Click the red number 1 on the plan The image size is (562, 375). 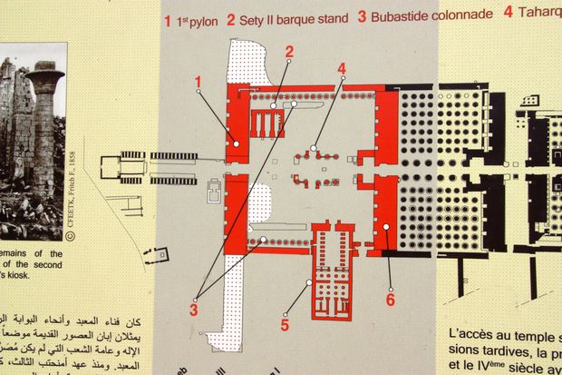(x=197, y=84)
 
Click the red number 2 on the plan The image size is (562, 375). (x=289, y=52)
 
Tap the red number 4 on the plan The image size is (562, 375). (x=342, y=68)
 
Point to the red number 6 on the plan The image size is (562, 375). (x=390, y=298)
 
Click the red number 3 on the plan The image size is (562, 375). (x=193, y=310)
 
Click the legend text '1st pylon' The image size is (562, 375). (x=198, y=17)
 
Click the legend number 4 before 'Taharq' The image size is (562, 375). (x=509, y=13)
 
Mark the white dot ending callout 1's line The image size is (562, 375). (x=237, y=143)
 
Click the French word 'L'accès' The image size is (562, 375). (x=469, y=335)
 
